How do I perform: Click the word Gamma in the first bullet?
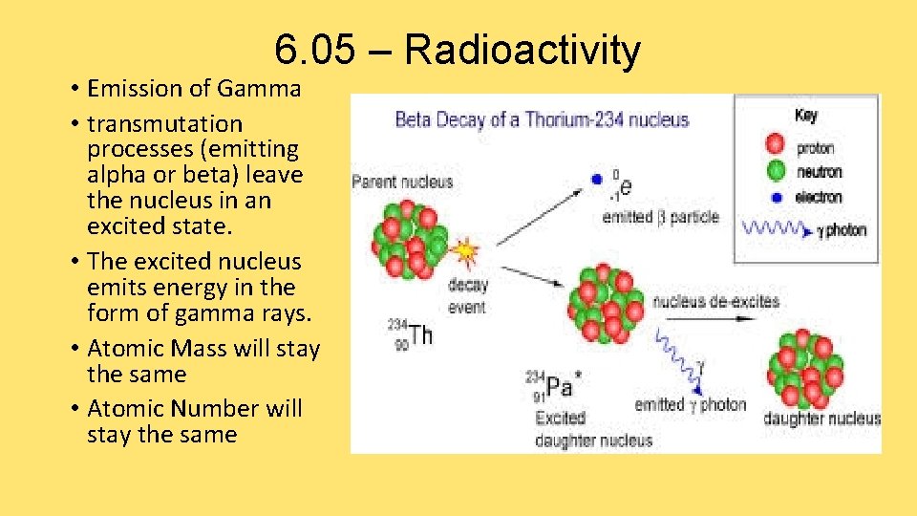click(x=259, y=89)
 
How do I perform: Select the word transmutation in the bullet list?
click(x=164, y=124)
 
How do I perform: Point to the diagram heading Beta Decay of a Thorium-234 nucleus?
click(x=542, y=119)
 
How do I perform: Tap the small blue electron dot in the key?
click(x=777, y=197)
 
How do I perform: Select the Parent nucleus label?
click(x=402, y=182)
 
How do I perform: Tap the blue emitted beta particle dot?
click(x=597, y=179)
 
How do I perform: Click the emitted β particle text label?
click(x=660, y=217)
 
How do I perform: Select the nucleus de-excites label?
click(x=716, y=302)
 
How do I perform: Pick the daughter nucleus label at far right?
click(x=821, y=419)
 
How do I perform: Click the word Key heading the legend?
click(x=806, y=116)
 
